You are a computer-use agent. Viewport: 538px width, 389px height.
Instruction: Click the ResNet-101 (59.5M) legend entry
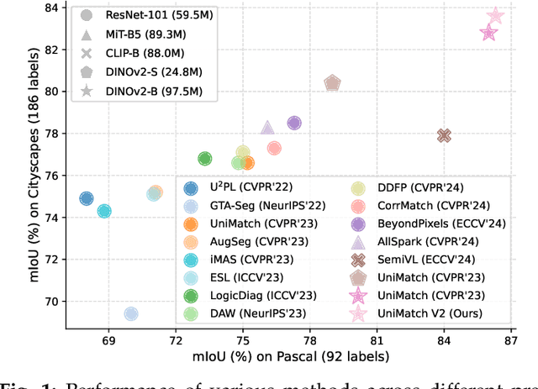point(134,15)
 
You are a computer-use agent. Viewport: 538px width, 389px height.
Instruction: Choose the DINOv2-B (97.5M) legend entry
point(134,91)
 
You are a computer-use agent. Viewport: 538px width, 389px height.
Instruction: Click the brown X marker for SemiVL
point(444,135)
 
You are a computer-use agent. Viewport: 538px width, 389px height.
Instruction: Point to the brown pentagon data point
point(332,83)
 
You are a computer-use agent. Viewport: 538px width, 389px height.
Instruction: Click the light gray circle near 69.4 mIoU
point(131,314)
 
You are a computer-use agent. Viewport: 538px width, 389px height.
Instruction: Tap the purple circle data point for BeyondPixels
point(294,123)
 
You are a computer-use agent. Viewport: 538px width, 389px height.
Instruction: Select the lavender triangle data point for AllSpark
point(267,128)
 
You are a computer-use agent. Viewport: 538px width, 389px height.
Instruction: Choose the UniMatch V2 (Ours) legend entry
point(419,313)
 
